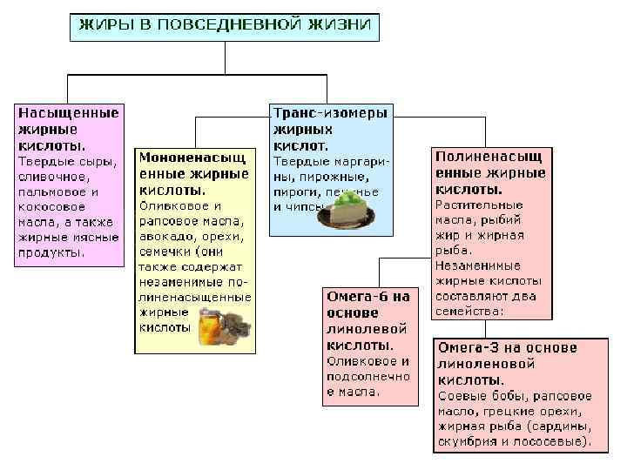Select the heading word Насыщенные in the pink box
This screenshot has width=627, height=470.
click(x=69, y=113)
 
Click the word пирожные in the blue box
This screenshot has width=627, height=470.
click(x=328, y=177)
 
